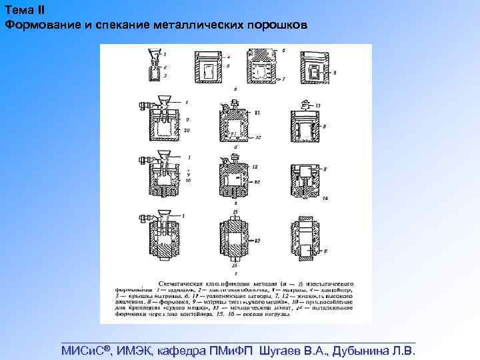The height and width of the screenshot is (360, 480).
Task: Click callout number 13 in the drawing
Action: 319,105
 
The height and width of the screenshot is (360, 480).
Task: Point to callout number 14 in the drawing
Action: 325,199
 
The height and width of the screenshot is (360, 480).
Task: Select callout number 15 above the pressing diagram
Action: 235,211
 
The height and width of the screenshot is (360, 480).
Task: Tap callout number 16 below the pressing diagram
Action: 235,265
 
